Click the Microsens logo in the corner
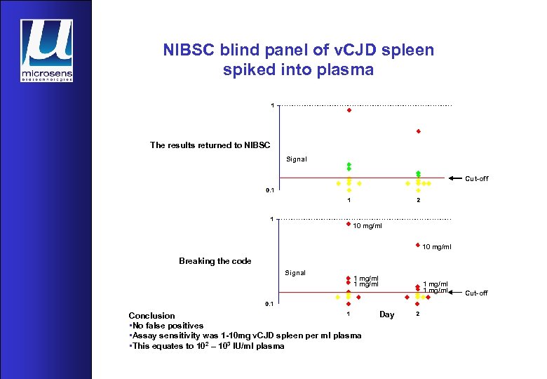point(46,50)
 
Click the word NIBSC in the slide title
point(187,51)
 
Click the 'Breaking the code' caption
point(215,261)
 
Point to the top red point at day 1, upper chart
point(349,110)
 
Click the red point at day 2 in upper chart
point(418,131)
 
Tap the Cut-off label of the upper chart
point(476,179)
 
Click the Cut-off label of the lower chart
point(476,293)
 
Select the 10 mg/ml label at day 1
point(367,226)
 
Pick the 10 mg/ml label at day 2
point(437,246)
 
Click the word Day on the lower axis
point(386,314)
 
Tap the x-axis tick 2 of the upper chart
point(418,201)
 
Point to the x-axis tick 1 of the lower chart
point(349,314)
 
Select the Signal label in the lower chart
point(295,272)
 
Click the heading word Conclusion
point(151,316)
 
